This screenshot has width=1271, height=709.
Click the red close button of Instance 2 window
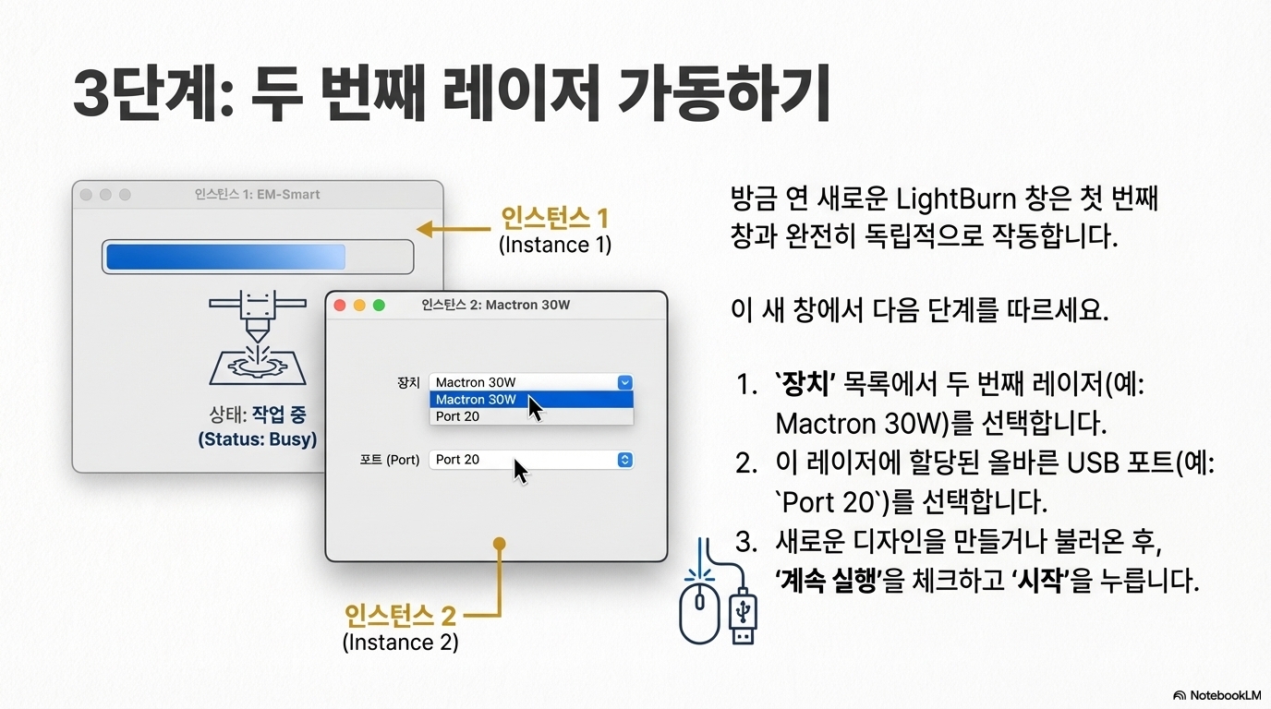[x=339, y=306]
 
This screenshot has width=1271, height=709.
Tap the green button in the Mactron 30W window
[x=379, y=306]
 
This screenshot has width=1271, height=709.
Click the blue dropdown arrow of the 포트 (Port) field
[x=624, y=460]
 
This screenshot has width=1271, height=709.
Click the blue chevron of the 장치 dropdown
[x=624, y=382]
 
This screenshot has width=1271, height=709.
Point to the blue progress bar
[x=225, y=257]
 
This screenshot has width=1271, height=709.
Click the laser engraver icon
[x=256, y=339]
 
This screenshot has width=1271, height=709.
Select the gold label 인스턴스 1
[x=554, y=219]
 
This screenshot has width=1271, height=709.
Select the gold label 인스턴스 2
[x=400, y=615]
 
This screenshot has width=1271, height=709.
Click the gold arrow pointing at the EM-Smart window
[x=453, y=229]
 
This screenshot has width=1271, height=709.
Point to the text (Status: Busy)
[x=257, y=439]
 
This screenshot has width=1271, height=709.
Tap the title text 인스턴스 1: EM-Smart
[x=257, y=195]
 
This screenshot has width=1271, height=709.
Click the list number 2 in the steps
[x=746, y=463]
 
